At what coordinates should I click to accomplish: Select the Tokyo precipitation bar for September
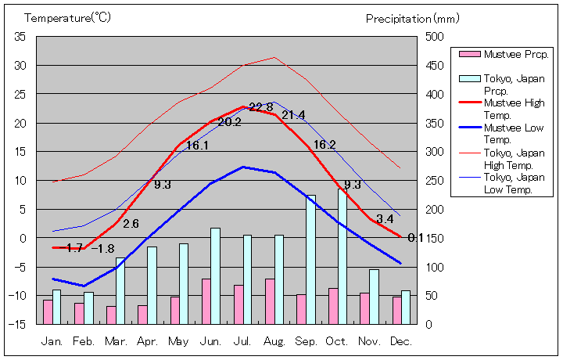click(x=310, y=259)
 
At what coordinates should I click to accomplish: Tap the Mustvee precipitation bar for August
click(x=270, y=301)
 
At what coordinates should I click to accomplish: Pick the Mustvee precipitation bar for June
click(x=206, y=301)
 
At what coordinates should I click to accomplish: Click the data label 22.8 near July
click(x=261, y=108)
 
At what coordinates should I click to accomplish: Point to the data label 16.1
click(x=197, y=146)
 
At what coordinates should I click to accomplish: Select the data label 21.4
click(x=293, y=115)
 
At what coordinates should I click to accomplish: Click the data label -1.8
click(x=102, y=249)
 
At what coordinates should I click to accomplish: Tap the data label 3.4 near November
click(x=385, y=219)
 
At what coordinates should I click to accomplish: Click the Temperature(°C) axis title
click(x=69, y=17)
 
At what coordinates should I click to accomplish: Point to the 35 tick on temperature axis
click(x=20, y=36)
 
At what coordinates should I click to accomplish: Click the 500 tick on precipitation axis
click(x=434, y=36)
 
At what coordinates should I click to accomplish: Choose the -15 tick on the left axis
click(x=19, y=323)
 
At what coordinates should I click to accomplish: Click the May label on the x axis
click(x=178, y=341)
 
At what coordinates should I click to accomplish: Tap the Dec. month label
click(x=400, y=341)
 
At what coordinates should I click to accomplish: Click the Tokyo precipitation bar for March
click(x=120, y=290)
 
